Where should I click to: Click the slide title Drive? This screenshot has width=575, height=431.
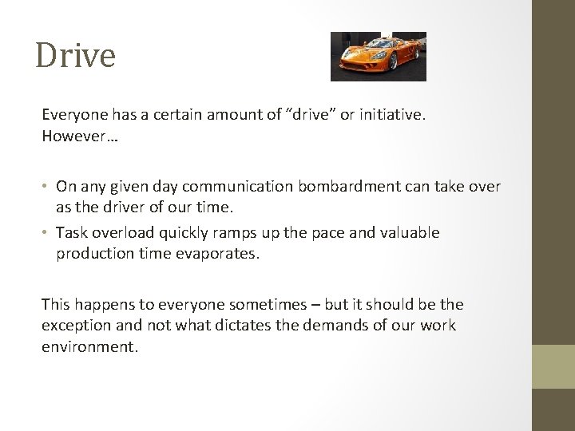[x=76, y=56]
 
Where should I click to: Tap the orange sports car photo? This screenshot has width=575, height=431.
[x=378, y=56]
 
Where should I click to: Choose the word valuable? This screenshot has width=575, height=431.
[x=406, y=233]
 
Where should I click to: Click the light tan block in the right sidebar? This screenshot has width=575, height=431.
[x=553, y=366]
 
